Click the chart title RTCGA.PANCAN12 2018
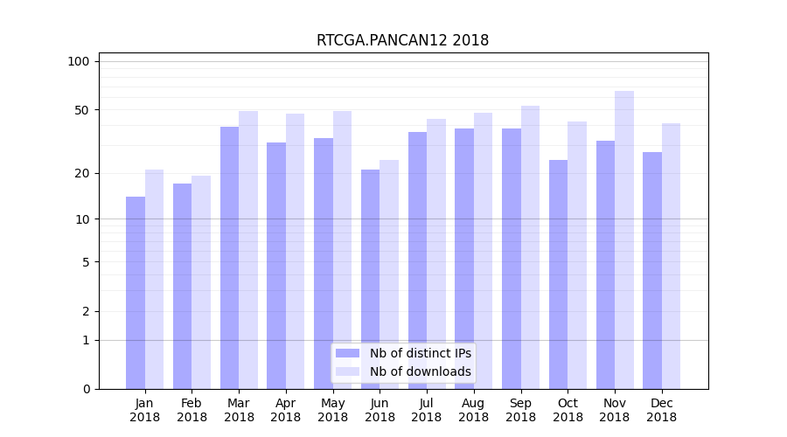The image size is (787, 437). pos(402,41)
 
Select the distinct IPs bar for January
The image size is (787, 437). pos(136,293)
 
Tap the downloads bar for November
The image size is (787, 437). pos(623,240)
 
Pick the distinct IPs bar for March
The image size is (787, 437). pos(229,258)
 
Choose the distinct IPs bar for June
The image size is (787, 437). pos(371,280)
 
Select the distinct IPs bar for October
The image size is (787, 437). pos(558,274)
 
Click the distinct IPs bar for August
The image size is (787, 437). pos(464,259)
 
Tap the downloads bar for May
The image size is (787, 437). pos(342,250)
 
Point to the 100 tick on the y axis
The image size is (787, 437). pos(79,61)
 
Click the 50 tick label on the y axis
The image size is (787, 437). pos(81,110)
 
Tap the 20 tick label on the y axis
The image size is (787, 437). pos(81,173)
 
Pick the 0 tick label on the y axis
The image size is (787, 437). pos(86,389)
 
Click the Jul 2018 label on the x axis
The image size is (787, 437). pos(427,410)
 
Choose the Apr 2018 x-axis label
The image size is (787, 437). pos(286,410)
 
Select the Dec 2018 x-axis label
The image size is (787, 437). pos(661,410)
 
